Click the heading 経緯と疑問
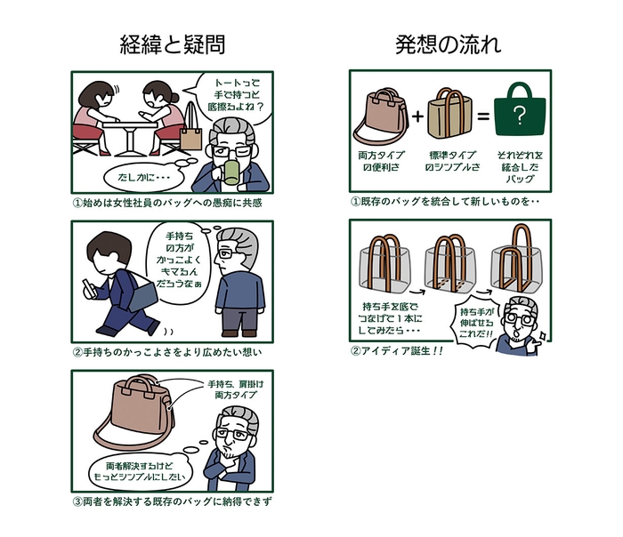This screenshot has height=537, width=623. (x=172, y=44)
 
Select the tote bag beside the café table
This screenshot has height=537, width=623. (x=190, y=137)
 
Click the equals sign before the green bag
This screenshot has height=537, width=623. (x=481, y=116)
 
